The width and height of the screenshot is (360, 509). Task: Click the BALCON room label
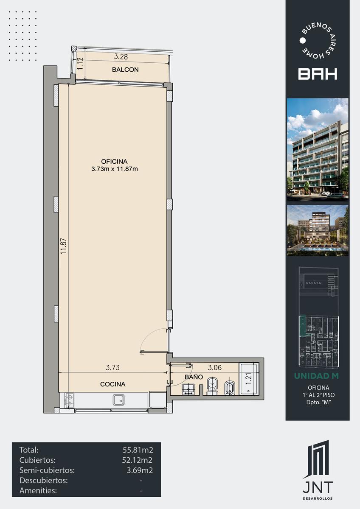(x=125, y=70)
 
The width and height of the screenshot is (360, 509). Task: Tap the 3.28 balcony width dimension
(x=121, y=56)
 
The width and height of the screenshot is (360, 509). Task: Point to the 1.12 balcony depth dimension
(x=79, y=64)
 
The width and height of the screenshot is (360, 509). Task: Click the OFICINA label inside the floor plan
(x=114, y=161)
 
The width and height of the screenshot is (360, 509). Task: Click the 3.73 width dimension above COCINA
(x=112, y=367)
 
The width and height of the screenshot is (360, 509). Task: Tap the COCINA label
(x=113, y=384)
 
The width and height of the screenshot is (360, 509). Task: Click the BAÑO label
(x=194, y=377)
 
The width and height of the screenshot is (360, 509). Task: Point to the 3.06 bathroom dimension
(x=215, y=367)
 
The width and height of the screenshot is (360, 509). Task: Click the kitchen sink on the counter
(x=119, y=400)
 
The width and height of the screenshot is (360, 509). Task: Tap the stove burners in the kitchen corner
(x=69, y=400)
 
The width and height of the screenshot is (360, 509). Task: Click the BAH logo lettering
(x=318, y=74)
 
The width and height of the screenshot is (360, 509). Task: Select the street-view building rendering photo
(x=318, y=149)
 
